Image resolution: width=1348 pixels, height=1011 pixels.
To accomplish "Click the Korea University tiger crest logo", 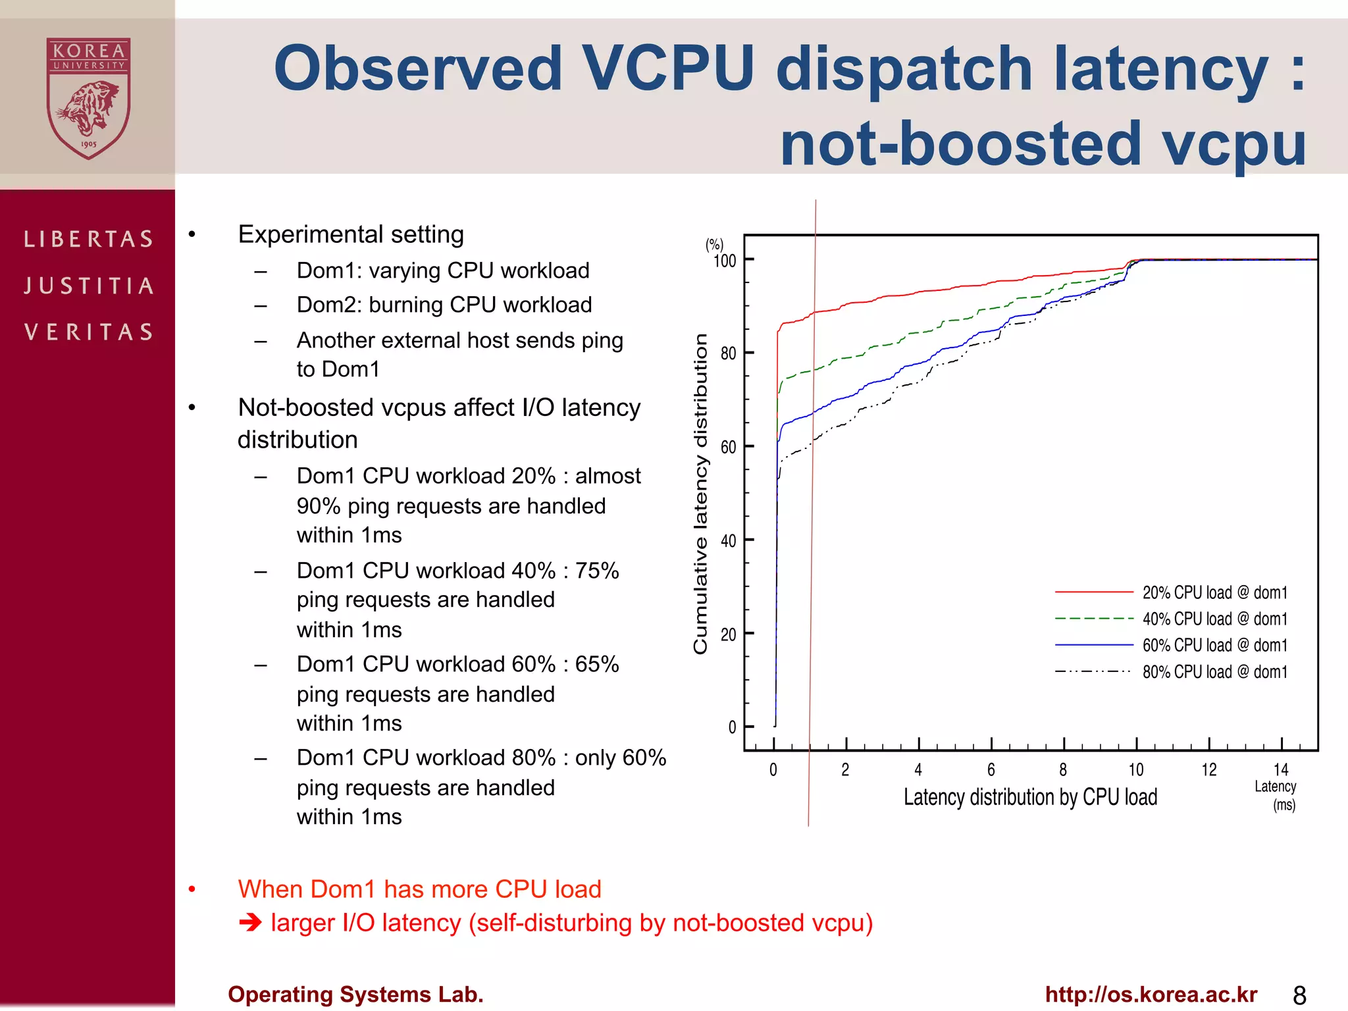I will (x=88, y=99).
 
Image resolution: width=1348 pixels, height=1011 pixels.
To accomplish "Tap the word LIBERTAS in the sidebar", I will (x=89, y=239).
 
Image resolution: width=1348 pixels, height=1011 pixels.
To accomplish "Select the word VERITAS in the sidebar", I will (x=89, y=332).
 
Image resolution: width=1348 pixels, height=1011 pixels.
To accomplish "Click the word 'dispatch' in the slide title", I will (x=904, y=68).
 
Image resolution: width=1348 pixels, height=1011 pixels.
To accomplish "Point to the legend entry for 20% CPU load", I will (x=1214, y=592).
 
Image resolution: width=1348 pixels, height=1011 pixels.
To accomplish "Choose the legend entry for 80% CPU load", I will (x=1214, y=672).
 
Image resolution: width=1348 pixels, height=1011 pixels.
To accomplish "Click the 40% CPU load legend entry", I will (x=1214, y=619).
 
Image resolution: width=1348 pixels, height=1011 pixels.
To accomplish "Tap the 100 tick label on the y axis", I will (x=725, y=261).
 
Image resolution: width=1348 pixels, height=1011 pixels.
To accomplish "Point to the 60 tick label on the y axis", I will (x=728, y=448).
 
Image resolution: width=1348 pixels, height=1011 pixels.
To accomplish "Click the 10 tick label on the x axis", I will (x=1136, y=770).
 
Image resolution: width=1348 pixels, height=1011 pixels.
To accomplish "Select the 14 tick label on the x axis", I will (x=1281, y=769).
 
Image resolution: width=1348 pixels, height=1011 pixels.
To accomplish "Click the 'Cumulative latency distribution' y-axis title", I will (x=700, y=494).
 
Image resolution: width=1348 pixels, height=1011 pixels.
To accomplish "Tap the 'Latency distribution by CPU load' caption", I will (x=1030, y=797).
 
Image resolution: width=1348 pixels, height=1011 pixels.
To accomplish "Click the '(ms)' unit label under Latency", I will (x=1283, y=805).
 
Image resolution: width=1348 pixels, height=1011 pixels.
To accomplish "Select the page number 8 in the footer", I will (x=1299, y=995).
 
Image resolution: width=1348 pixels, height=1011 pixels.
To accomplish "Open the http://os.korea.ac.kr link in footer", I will (x=1151, y=994).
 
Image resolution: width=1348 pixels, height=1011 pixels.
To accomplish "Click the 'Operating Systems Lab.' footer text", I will (x=355, y=994).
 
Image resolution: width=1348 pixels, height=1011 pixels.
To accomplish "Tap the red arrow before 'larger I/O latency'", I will (x=250, y=923).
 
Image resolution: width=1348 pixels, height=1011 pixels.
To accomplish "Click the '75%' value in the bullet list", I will (x=596, y=570).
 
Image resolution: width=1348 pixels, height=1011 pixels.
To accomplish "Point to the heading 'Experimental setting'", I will (x=351, y=234).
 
